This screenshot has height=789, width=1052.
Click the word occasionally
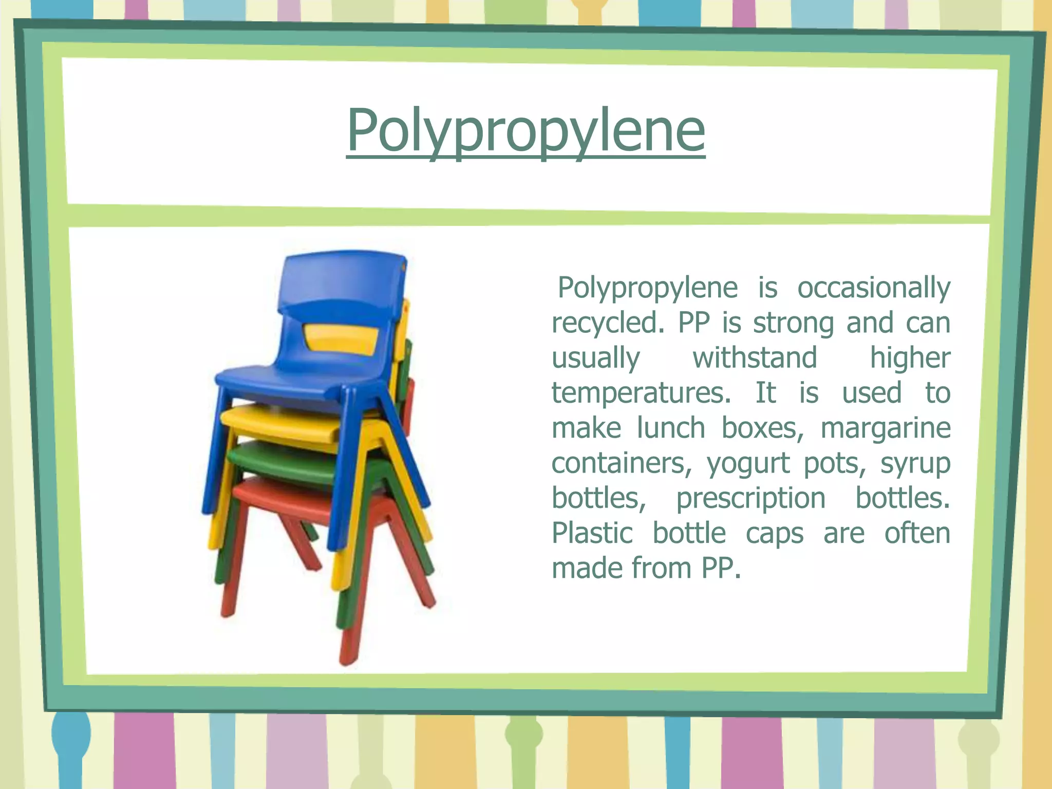(873, 288)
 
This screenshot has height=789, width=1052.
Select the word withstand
(755, 358)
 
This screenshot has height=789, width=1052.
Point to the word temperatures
(641, 393)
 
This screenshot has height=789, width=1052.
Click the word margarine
(885, 428)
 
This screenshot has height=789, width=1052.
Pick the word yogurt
(748, 464)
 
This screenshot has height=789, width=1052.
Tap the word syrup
(915, 464)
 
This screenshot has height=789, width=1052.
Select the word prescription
(750, 499)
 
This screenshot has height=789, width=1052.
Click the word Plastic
(592, 533)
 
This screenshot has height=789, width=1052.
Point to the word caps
(774, 533)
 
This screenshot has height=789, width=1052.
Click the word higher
(910, 358)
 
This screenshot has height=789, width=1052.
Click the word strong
(793, 323)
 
